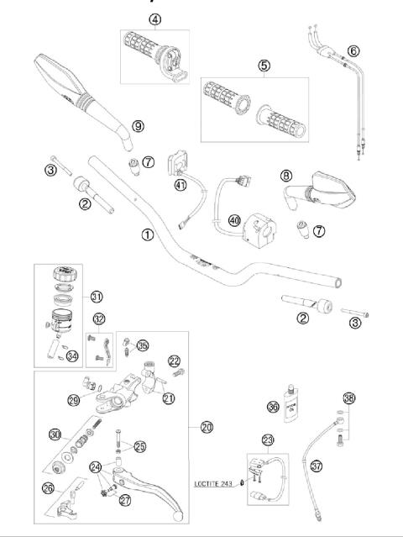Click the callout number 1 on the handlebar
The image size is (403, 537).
pos(148,234)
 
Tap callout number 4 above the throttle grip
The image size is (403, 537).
pos(155,18)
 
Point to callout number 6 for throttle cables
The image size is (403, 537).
pos(353,50)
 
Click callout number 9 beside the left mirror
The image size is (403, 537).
pos(138,125)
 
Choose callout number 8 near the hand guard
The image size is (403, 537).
pos(286,176)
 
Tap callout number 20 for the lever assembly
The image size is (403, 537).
pos(206,427)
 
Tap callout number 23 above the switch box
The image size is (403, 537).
pos(268,440)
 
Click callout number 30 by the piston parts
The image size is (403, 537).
pos(56,434)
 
